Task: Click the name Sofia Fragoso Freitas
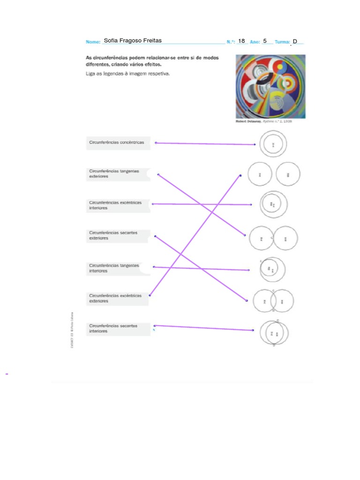[x=133, y=41]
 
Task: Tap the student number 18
[x=241, y=41]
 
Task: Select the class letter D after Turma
[x=295, y=42]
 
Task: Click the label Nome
[x=93, y=42]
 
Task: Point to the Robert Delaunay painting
[x=270, y=86]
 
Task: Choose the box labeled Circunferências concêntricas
[x=118, y=142]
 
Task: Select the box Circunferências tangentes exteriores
[x=118, y=174]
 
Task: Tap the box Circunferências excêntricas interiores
[x=118, y=205]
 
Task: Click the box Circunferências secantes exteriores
[x=118, y=235]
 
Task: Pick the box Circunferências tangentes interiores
[x=118, y=268]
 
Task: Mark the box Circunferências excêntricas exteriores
[x=118, y=299]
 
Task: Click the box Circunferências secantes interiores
[x=118, y=328]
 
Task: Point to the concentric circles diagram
[x=273, y=144]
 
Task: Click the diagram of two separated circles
[x=274, y=174]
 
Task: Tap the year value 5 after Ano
[x=265, y=41]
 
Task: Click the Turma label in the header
[x=282, y=42]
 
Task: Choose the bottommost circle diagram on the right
[x=274, y=333]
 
